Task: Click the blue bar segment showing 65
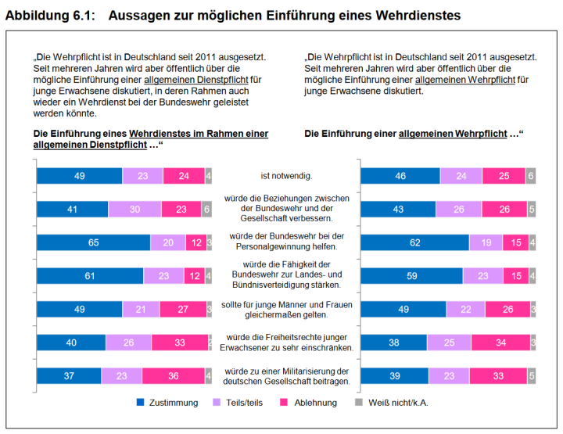pyautogui.click(x=93, y=243)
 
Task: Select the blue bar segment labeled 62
pyautogui.click(x=414, y=243)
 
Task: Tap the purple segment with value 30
pyautogui.click(x=134, y=210)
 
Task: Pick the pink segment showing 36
pyautogui.click(x=173, y=376)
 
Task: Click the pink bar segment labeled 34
pyautogui.click(x=500, y=343)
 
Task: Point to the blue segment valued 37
pyautogui.click(x=69, y=376)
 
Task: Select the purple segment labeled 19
pyautogui.click(x=486, y=243)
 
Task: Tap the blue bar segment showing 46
pyautogui.click(x=400, y=177)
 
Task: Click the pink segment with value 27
pyautogui.click(x=182, y=310)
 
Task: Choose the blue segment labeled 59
pyautogui.click(x=411, y=276)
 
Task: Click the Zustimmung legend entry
pyautogui.click(x=169, y=403)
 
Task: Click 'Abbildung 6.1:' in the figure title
pyautogui.click(x=49, y=15)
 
